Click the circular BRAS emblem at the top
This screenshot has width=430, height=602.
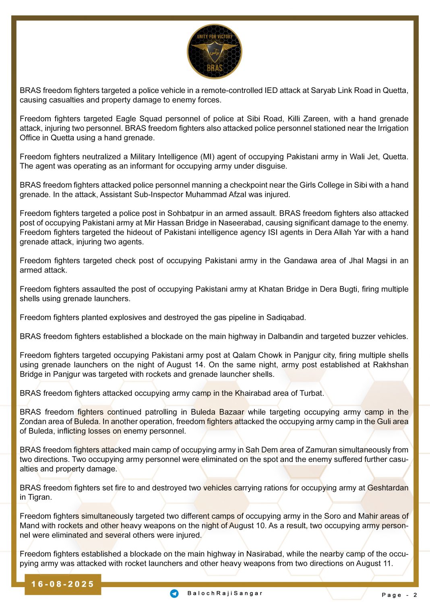(x=215, y=52)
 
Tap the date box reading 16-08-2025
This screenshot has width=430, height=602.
(x=62, y=584)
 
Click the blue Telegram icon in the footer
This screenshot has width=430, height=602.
(x=174, y=594)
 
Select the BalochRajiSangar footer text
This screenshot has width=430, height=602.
(x=225, y=594)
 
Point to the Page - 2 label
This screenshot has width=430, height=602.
(x=399, y=595)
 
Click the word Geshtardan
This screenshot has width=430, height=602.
(x=388, y=488)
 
